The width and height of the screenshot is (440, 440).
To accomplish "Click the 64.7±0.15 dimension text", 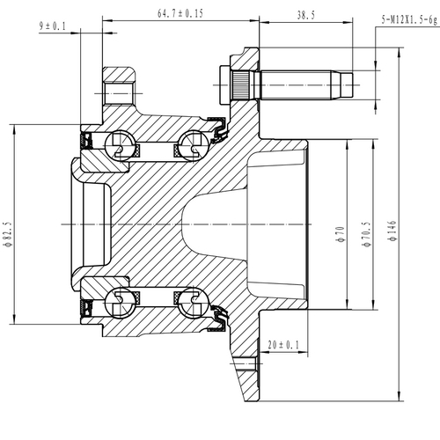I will (180, 13).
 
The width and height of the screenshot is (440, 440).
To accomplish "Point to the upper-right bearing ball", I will (192, 146).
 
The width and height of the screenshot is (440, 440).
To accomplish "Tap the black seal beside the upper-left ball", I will (89, 141).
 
